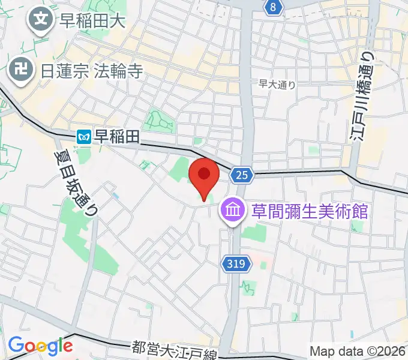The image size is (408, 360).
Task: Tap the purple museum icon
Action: (232, 211)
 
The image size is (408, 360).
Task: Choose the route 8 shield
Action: (274, 7)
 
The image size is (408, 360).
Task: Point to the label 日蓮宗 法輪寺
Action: (92, 71)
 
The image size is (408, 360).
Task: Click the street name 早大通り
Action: (277, 85)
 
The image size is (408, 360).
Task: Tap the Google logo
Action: (40, 346)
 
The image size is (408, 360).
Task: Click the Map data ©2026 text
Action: (358, 351)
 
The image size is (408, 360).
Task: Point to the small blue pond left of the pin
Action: (115, 196)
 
